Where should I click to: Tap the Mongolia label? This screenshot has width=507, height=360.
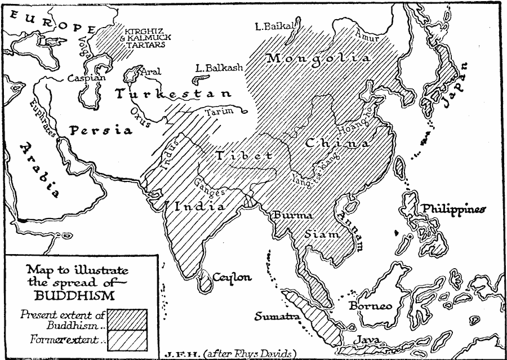point(319,59)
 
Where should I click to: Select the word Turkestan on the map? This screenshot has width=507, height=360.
point(172,94)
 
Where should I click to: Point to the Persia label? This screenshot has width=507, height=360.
point(101,130)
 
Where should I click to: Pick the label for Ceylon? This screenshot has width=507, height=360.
point(232,277)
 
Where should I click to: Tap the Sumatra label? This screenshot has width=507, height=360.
point(276,316)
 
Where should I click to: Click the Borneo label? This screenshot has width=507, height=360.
point(370,306)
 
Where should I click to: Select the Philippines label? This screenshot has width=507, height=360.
point(453,209)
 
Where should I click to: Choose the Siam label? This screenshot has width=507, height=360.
point(323,234)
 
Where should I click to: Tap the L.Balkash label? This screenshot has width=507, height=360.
point(219,68)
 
